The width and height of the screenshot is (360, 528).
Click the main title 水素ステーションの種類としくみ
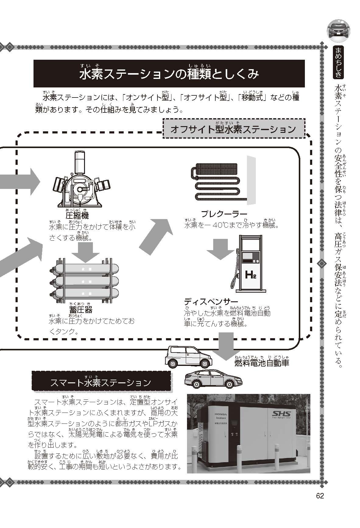click(169, 74)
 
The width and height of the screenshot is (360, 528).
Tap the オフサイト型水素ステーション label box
click(233, 129)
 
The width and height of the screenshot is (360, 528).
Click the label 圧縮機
click(77, 216)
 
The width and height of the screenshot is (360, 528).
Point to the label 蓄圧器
click(80, 310)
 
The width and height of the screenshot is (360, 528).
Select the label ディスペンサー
click(211, 302)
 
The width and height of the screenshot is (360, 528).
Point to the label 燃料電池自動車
click(261, 363)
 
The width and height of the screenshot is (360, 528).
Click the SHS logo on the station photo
click(282, 414)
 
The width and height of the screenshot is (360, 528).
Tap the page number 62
click(320, 495)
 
